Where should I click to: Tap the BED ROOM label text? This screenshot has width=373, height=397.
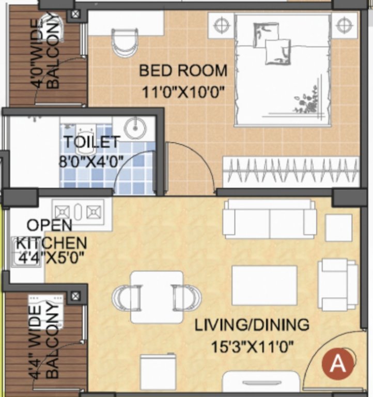(x=183, y=70)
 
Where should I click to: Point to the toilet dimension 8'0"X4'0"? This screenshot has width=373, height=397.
(x=91, y=160)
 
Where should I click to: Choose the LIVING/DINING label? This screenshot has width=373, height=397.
(x=252, y=325)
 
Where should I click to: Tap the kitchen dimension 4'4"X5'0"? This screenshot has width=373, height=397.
(x=50, y=257)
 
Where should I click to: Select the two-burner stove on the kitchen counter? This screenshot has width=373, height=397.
(x=77, y=212)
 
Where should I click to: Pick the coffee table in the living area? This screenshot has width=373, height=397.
(x=264, y=285)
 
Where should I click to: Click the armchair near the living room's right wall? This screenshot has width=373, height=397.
(x=337, y=284)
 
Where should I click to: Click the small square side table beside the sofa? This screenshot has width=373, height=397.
(x=338, y=227)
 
